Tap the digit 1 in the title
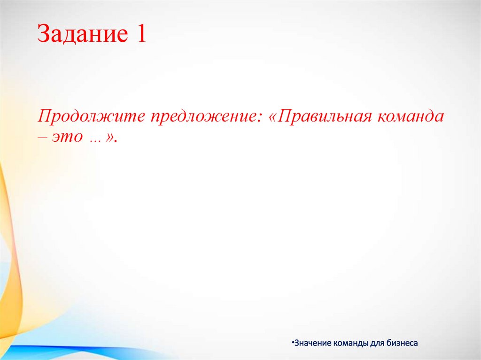[141, 35]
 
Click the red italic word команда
[409, 116]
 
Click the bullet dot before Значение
[293, 342]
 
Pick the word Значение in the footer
[312, 343]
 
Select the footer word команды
[350, 343]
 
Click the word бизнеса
[403, 343]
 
